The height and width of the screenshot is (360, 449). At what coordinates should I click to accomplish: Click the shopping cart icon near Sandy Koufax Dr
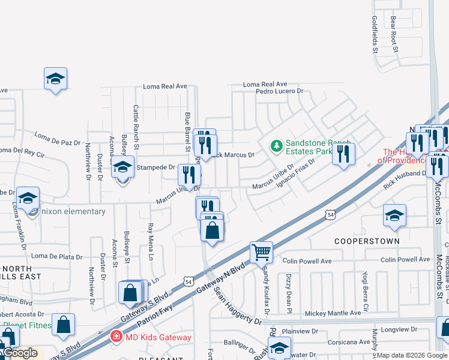coord(261,251)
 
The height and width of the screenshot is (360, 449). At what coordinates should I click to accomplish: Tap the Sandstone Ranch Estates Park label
coord(318,147)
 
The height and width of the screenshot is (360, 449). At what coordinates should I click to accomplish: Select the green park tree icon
coord(276,145)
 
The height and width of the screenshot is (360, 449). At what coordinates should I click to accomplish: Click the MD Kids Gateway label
coord(158,337)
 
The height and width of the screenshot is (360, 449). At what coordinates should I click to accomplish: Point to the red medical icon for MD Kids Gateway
coord(115,337)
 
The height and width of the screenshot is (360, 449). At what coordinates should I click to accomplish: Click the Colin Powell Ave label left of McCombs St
coord(406,260)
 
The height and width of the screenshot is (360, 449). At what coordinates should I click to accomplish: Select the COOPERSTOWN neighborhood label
coord(367,241)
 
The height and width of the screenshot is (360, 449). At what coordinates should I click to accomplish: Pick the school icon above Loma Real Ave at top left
coord(55,79)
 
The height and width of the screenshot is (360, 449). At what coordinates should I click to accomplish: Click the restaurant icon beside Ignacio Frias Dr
coord(343,154)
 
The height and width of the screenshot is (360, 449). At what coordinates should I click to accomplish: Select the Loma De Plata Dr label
coord(56,256)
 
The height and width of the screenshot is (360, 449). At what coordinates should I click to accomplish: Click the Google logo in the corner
coord(20,353)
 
